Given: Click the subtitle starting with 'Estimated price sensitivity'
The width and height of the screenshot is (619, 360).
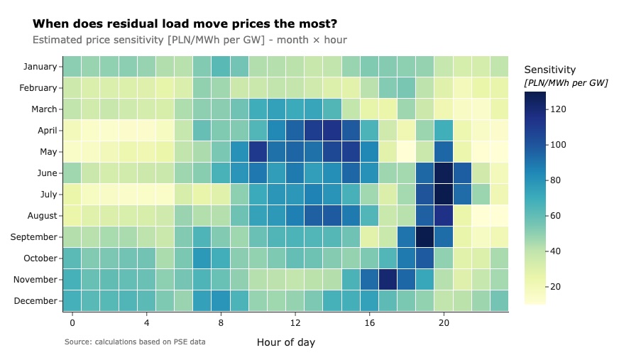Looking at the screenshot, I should pyautogui.click(x=190, y=40).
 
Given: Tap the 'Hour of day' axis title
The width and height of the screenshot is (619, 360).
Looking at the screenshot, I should pyautogui.click(x=285, y=342).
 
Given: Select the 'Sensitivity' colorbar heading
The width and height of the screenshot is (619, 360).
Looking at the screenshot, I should pyautogui.click(x=550, y=70).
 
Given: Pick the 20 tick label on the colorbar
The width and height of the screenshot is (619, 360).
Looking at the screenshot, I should pyautogui.click(x=557, y=286).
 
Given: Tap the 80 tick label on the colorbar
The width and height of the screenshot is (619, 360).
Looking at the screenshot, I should pyautogui.click(x=557, y=180).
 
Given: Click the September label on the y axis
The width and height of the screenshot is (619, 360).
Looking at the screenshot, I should pyautogui.click(x=33, y=237).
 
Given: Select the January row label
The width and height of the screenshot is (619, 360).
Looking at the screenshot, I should pyautogui.click(x=40, y=67).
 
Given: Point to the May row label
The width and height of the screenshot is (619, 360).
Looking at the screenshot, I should pyautogui.click(x=46, y=152).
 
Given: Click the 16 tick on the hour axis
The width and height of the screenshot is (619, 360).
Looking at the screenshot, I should pyautogui.click(x=369, y=322).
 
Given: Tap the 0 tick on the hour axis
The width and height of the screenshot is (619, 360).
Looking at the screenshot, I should pyautogui.click(x=72, y=322).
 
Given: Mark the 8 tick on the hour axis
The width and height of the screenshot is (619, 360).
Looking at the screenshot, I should pyautogui.click(x=221, y=322).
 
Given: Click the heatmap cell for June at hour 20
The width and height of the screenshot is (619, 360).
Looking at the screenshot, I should pyautogui.click(x=444, y=173).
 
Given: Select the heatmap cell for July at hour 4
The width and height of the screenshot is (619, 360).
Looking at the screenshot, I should pyautogui.click(x=146, y=195).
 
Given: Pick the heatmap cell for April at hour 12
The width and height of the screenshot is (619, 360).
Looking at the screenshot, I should pyautogui.click(x=295, y=131).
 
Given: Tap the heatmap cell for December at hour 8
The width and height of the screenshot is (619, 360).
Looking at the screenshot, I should pyautogui.click(x=221, y=301).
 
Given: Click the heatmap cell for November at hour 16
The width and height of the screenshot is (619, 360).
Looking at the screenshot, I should pyautogui.click(x=369, y=280).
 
